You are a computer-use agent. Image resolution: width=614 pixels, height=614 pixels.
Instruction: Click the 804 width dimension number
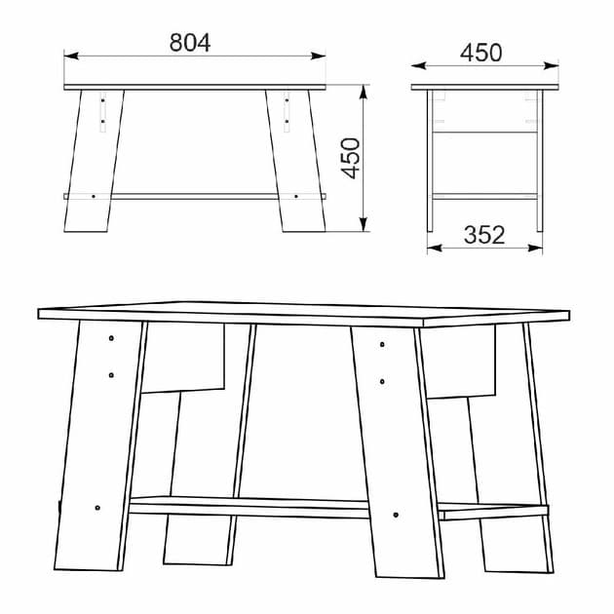pyautogui.click(x=190, y=42)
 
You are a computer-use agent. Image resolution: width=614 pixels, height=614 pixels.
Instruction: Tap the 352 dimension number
pyautogui.click(x=483, y=235)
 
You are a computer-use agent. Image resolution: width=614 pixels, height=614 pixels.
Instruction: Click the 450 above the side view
pyautogui.click(x=482, y=53)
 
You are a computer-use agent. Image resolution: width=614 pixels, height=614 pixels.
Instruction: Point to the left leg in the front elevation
pyautogui.click(x=95, y=161)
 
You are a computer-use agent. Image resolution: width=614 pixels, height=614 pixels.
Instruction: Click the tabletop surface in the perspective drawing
pyautogui.click(x=302, y=315)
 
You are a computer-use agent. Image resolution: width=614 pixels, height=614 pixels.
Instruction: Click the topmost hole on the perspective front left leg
pyautogui.click(x=112, y=338)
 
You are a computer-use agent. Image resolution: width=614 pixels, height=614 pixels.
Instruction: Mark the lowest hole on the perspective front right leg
pyautogui.click(x=395, y=513)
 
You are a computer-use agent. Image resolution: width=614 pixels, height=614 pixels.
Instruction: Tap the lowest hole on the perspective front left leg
pyautogui.click(x=97, y=508)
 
